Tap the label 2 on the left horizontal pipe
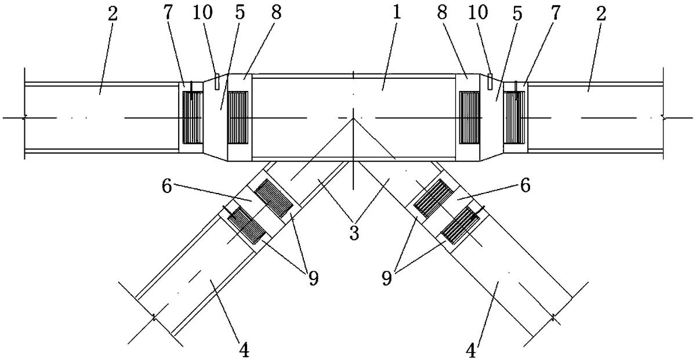click(x=113, y=14)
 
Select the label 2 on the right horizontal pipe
click(x=601, y=14)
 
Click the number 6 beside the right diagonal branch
click(x=525, y=185)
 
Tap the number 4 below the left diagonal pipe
click(x=244, y=350)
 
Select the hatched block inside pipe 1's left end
click(x=238, y=117)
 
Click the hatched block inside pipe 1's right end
click(x=470, y=117)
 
